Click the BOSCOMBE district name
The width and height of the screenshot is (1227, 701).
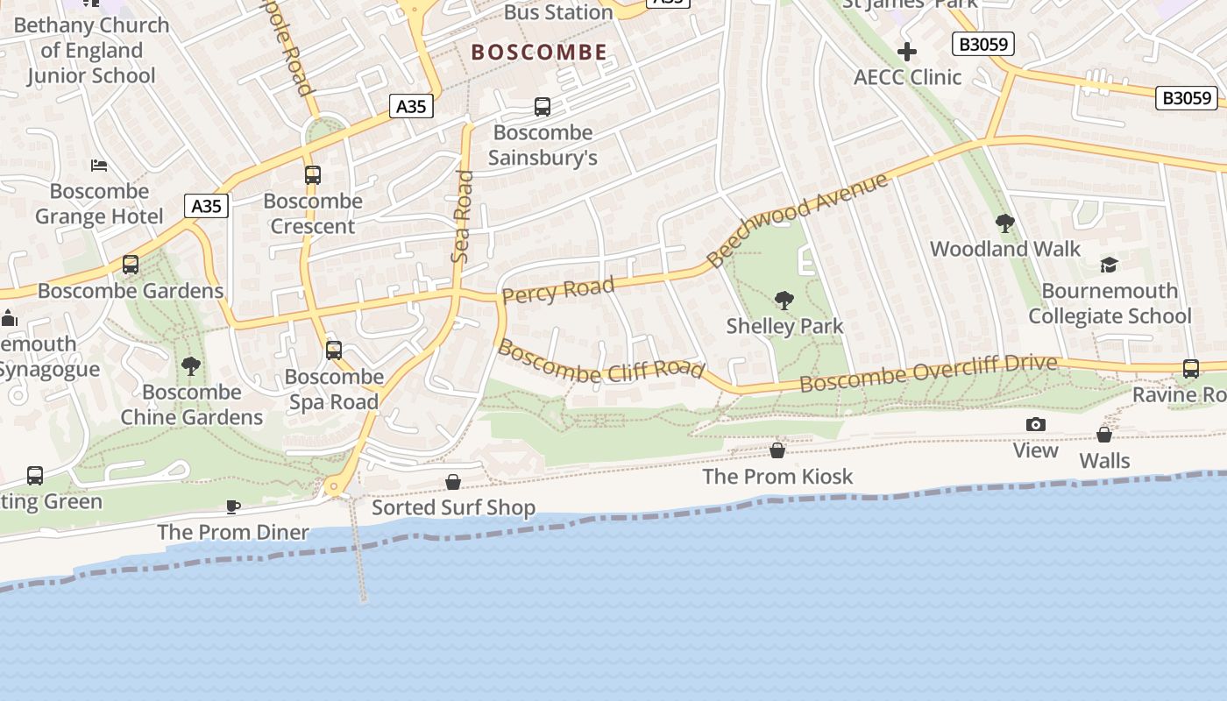pyautogui.click(x=539, y=53)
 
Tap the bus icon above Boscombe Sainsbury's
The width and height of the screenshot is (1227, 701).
pyautogui.click(x=543, y=107)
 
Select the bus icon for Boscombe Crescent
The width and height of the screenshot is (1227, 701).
pyautogui.click(x=313, y=174)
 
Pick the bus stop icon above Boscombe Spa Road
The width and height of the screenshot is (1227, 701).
pyautogui.click(x=334, y=350)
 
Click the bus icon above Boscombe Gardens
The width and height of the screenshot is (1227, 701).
pyautogui.click(x=131, y=264)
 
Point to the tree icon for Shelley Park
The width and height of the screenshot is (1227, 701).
pyautogui.click(x=784, y=301)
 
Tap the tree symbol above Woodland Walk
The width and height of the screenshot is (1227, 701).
pyautogui.click(x=1005, y=223)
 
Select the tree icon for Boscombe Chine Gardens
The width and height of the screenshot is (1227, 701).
pyautogui.click(x=190, y=365)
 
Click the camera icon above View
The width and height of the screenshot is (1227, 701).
pyautogui.click(x=1036, y=425)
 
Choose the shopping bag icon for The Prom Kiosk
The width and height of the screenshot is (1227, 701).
pyautogui.click(x=777, y=450)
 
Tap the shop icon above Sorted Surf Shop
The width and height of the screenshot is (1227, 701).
pyautogui.click(x=453, y=482)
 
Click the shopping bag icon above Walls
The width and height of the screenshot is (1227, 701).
pyautogui.click(x=1104, y=435)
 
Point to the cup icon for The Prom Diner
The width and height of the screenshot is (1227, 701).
pyautogui.click(x=233, y=506)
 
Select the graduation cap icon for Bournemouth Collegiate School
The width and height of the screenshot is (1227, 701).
pyautogui.click(x=1110, y=265)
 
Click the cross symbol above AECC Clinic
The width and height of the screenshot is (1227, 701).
pyautogui.click(x=907, y=52)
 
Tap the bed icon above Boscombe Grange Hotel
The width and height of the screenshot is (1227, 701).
pyautogui.click(x=99, y=165)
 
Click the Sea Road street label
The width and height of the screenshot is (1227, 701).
pyautogui.click(x=462, y=216)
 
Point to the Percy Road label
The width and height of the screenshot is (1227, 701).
pyautogui.click(x=558, y=289)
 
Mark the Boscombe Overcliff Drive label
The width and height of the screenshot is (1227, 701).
pyautogui.click(x=928, y=373)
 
